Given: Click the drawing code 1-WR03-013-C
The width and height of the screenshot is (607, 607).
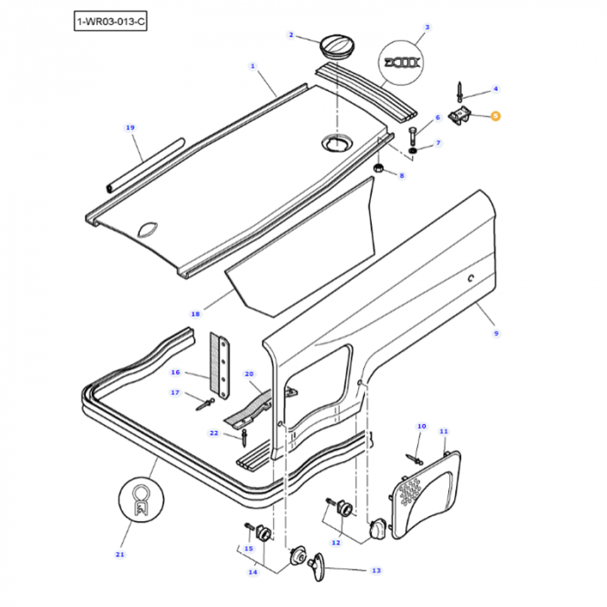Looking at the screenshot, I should click(111, 20).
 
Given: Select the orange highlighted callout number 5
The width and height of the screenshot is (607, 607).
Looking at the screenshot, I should click(495, 115).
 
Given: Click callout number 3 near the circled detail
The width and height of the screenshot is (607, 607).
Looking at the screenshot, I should click(426, 27).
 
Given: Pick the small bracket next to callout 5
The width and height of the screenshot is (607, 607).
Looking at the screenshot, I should click(466, 115).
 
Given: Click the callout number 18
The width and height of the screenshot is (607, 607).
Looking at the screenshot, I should click(195, 313).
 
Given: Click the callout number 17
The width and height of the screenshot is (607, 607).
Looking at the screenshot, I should click(175, 393).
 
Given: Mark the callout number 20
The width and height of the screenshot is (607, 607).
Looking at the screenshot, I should click(250, 374).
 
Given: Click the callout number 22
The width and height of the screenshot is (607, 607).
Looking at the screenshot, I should click(214, 433).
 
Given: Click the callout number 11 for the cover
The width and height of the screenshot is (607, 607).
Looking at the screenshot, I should click(443, 431).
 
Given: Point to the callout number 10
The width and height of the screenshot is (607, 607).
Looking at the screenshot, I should click(421, 427).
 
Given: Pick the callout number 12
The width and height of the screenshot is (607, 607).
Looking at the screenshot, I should click(336, 542).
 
